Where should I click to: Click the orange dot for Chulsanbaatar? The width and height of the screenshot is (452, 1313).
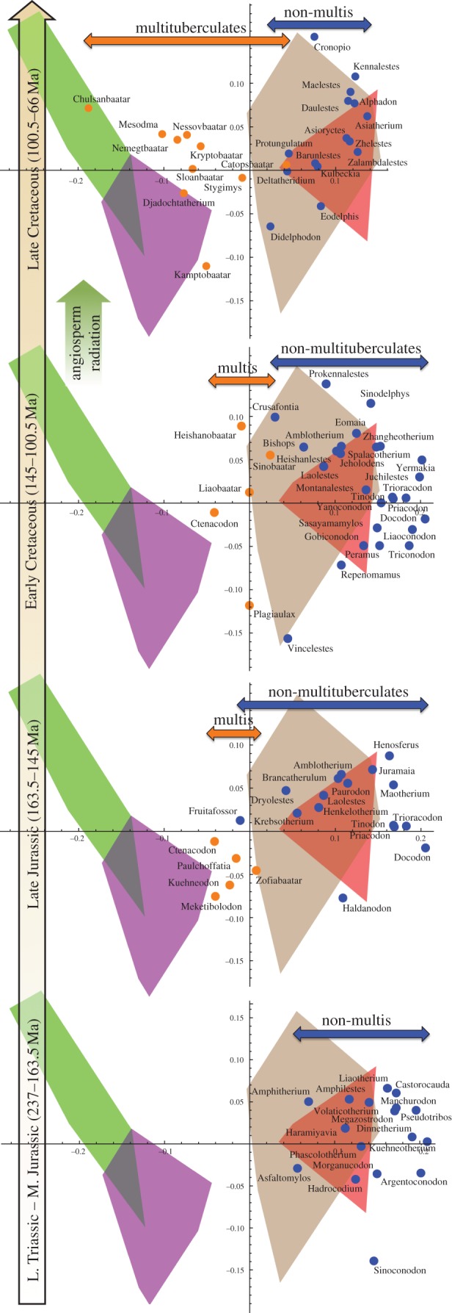pyautogui.click(x=88, y=108)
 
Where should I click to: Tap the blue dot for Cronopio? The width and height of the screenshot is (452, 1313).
pyautogui.click(x=314, y=37)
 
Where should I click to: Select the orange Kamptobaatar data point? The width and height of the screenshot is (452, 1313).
pyautogui.click(x=206, y=266)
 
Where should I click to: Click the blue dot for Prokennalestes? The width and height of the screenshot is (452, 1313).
pyautogui.click(x=326, y=384)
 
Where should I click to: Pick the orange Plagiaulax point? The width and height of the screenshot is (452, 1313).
pyautogui.click(x=249, y=605)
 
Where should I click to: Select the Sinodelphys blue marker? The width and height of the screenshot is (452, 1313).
pyautogui.click(x=371, y=403)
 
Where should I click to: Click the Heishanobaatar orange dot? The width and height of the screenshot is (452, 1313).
pyautogui.click(x=241, y=426)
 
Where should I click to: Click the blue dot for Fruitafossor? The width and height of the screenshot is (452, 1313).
pyautogui.click(x=240, y=820)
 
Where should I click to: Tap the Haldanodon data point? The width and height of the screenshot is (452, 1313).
pyautogui.click(x=343, y=898)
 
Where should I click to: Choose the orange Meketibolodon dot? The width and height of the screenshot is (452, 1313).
pyautogui.click(x=216, y=896)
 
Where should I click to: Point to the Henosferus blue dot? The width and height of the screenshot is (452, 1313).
pyautogui.click(x=390, y=756)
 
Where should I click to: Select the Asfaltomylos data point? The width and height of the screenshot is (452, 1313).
pyautogui.click(x=297, y=1168)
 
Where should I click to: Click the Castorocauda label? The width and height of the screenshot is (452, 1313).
pyautogui.click(x=422, y=1084)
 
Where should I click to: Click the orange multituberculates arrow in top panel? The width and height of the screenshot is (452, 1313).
pyautogui.click(x=187, y=40)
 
